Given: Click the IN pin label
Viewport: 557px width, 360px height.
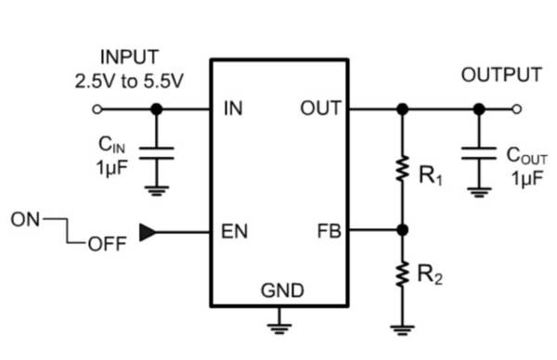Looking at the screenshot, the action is pyautogui.click(x=233, y=108).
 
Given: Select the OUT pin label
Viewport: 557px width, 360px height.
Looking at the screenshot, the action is pyautogui.click(x=320, y=108).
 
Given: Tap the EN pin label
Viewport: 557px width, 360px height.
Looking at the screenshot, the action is pyautogui.click(x=235, y=231).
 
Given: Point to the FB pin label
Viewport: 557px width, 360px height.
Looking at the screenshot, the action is pyautogui.click(x=329, y=231).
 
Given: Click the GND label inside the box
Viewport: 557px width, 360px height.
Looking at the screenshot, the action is pyautogui.click(x=282, y=290).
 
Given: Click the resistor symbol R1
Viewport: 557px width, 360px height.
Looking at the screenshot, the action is pyautogui.click(x=402, y=169).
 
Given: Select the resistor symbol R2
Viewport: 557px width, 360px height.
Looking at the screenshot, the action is pyautogui.click(x=402, y=274).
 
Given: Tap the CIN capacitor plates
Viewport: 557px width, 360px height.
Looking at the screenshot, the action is pyautogui.click(x=156, y=153).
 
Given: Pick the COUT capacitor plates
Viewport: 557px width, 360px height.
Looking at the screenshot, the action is pyautogui.click(x=479, y=153).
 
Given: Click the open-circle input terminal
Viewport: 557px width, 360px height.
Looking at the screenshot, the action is pyautogui.click(x=97, y=109).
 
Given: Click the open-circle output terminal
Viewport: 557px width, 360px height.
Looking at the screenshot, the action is pyautogui.click(x=517, y=109).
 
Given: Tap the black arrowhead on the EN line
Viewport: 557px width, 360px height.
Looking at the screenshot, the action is pyautogui.click(x=148, y=233).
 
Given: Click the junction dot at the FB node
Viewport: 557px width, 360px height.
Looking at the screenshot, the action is pyautogui.click(x=402, y=230).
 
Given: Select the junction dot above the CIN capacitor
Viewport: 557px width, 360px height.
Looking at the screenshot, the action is pyautogui.click(x=156, y=109).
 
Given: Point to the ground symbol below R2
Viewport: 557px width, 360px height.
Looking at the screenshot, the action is pyautogui.click(x=402, y=329).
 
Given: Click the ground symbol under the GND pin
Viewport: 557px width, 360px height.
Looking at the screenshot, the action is pyautogui.click(x=279, y=328).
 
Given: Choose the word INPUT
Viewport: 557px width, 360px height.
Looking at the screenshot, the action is pyautogui.click(x=129, y=58).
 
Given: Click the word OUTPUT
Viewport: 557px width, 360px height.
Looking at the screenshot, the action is pyautogui.click(x=501, y=75).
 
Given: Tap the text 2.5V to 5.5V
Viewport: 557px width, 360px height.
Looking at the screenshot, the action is pyautogui.click(x=129, y=82).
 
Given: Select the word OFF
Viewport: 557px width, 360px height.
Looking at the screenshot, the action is pyautogui.click(x=107, y=244).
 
